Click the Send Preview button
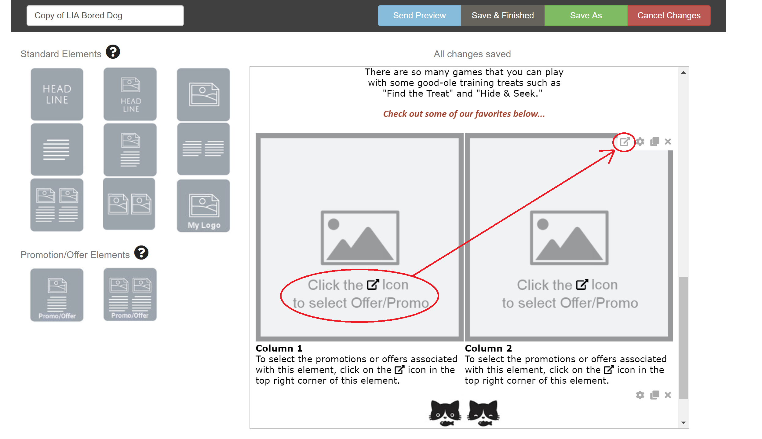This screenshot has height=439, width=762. point(419,16)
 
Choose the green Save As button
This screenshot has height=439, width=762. point(586,16)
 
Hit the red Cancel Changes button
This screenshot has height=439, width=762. point(669,16)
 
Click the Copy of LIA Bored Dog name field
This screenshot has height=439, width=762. point(105,16)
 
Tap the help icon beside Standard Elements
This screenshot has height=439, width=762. point(113,52)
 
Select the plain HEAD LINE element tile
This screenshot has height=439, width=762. point(57,94)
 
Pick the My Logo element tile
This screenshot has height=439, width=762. point(203,206)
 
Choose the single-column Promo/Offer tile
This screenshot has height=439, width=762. point(57,295)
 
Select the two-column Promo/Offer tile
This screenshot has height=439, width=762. point(130,294)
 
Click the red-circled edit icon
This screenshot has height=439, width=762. point(625,142)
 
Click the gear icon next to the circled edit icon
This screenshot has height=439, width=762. point(640,142)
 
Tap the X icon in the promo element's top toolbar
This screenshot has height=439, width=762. point(668,142)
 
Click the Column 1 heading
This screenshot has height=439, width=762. point(279,348)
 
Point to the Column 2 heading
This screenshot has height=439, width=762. point(488,348)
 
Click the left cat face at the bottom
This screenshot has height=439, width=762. point(445,413)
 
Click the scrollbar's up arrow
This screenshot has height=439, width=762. point(684,72)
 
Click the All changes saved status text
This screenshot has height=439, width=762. point(472,54)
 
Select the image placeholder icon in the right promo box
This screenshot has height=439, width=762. point(569,238)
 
